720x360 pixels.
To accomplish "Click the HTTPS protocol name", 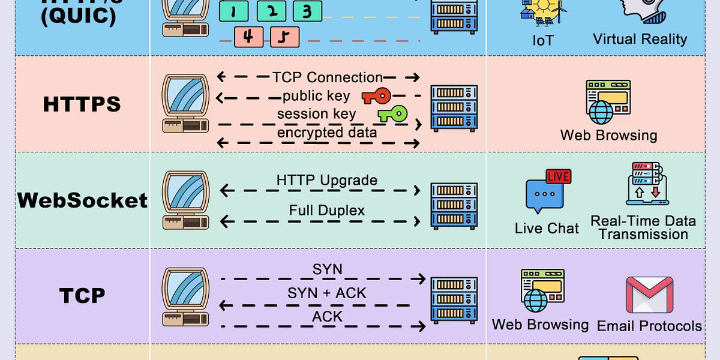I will [x=82, y=104].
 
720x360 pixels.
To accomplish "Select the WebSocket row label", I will [x=82, y=200].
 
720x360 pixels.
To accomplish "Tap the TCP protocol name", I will [x=82, y=295].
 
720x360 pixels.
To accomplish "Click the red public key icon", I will [x=376, y=96].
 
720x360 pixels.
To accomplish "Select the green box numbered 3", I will [x=307, y=11].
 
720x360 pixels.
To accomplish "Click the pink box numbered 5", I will [x=284, y=37].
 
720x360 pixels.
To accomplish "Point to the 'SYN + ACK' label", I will [x=326, y=293].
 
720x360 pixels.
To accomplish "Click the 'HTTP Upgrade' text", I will [x=326, y=180].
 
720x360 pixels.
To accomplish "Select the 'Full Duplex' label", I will [x=326, y=211].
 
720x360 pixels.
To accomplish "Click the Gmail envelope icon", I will [x=649, y=295].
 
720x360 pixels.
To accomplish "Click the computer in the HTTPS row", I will [x=185, y=103].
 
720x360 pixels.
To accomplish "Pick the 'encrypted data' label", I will [x=326, y=133].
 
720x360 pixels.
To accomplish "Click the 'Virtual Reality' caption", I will [x=640, y=40].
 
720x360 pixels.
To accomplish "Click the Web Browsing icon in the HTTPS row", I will [x=607, y=101].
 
